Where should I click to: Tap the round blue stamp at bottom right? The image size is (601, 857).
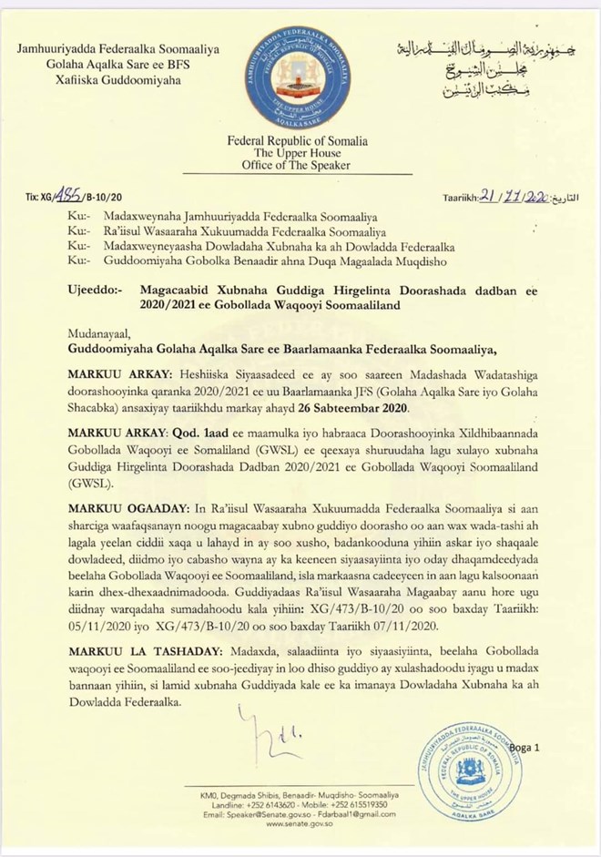tap(469, 772)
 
